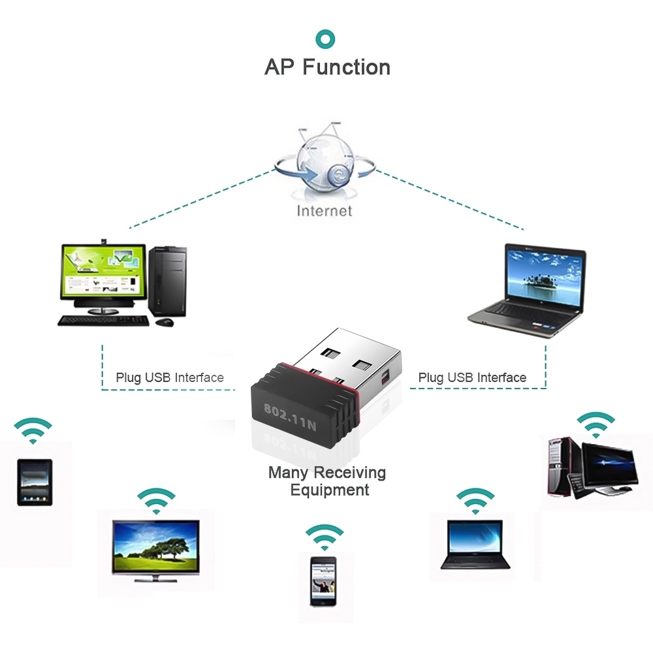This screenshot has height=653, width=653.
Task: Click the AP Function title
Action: point(327,67)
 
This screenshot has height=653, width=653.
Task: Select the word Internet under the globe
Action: point(325,210)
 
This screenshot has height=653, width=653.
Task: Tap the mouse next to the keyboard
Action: point(165,322)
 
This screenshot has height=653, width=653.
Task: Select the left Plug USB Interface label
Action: point(170,377)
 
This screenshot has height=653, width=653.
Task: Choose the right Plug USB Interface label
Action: point(472,377)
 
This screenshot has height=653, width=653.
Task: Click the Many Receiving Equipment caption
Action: point(327,481)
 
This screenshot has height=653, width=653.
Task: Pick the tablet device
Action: point(35,482)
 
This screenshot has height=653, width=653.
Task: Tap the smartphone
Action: point(323,581)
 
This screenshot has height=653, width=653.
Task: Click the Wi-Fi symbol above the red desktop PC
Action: point(595,425)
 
